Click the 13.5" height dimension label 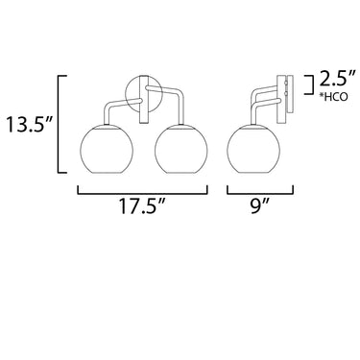(28, 125)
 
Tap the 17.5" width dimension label (142, 206)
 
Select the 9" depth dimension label (260, 206)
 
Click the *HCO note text (333, 97)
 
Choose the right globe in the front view (181, 150)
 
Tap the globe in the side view (253, 150)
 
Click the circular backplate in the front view (127, 93)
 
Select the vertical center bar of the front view (143, 100)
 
